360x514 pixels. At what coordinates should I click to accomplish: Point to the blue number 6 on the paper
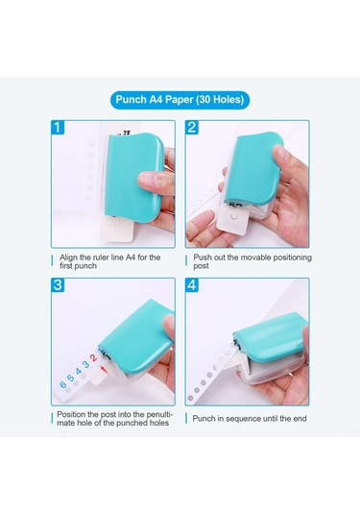click(x=63, y=385)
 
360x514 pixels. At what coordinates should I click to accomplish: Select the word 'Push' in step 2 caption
click(x=203, y=257)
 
